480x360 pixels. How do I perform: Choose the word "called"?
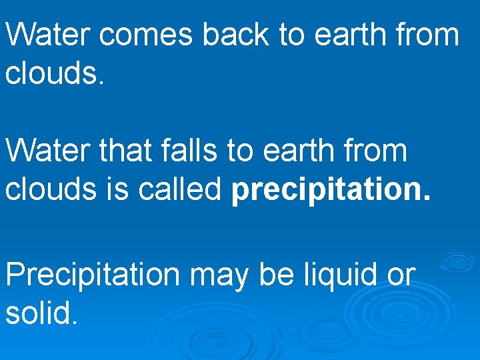coord(179,190)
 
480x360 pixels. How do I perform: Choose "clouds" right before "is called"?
coord(50,190)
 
